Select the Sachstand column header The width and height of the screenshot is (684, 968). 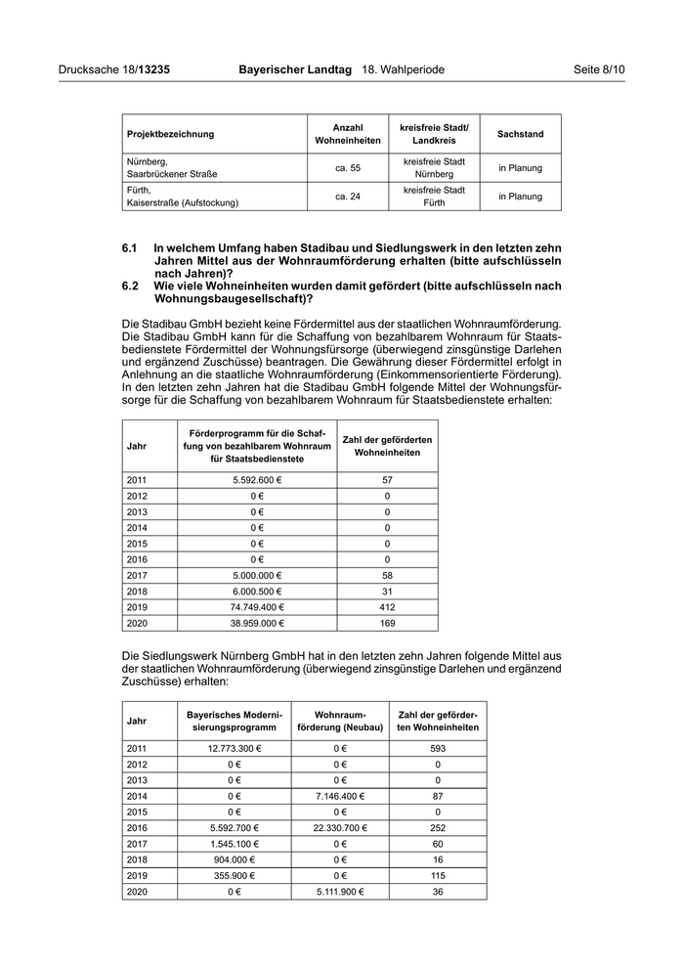520,134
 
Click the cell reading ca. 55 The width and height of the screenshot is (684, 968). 348,168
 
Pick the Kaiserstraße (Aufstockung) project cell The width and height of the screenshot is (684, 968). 182,203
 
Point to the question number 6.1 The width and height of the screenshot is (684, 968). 130,249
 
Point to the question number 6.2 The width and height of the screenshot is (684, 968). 130,286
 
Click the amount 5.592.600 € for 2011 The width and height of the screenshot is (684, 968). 257,480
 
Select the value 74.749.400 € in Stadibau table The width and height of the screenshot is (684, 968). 257,606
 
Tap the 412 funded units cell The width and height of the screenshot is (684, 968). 387,606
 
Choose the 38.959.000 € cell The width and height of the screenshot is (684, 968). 257,622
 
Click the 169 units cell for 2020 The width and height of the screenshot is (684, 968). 387,622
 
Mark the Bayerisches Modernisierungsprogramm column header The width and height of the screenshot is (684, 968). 232,722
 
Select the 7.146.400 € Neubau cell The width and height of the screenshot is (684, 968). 339,796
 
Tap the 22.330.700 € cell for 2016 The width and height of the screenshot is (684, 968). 339,827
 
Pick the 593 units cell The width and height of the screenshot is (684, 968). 437,748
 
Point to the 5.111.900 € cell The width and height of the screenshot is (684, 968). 339,891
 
